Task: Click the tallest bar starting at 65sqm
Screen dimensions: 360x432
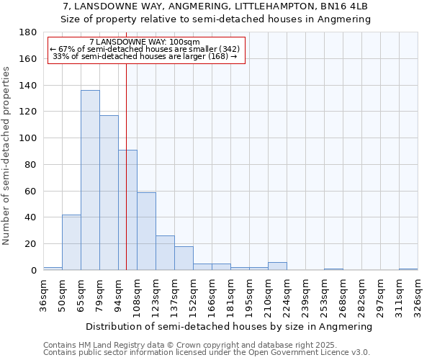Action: (90, 180)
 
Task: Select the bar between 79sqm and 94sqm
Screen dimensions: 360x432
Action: (109, 193)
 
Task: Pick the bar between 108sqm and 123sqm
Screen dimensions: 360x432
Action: (146, 231)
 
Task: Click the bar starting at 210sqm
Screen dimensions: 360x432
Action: (277, 266)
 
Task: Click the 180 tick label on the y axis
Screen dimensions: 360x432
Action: (28, 32)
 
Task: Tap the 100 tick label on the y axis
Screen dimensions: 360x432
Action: (28, 138)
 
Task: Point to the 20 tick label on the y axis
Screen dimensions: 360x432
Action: (31, 244)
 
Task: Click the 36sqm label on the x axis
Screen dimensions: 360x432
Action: (43, 292)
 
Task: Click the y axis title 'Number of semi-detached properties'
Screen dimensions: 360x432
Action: (7, 155)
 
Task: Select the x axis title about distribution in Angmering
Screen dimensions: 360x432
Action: (229, 326)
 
